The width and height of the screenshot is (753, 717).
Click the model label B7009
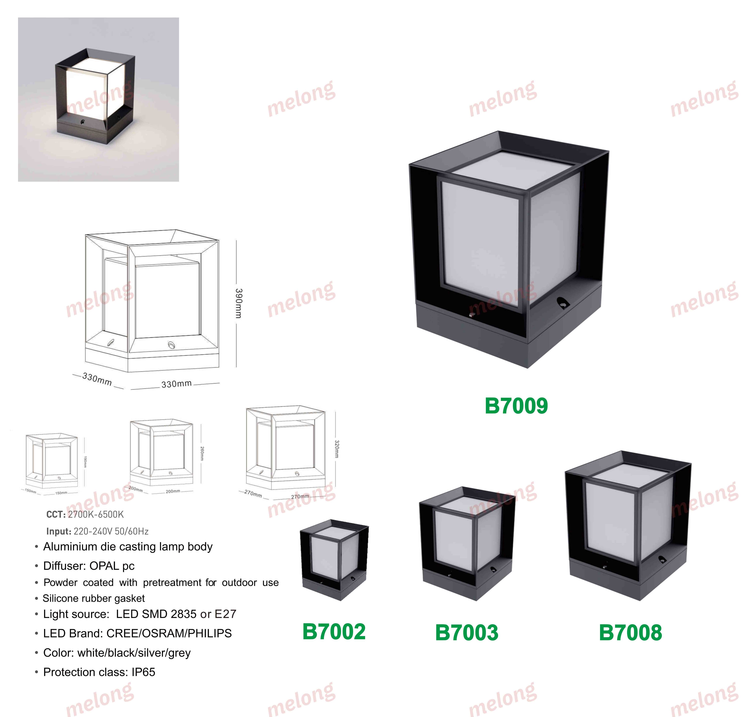(516, 406)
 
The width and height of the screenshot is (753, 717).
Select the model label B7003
(467, 633)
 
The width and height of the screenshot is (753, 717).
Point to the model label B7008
(630, 633)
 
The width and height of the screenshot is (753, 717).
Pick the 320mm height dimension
(336, 449)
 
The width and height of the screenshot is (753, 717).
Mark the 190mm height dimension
(85, 462)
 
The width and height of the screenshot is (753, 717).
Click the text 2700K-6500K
(96, 514)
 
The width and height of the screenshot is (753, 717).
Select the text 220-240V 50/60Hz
(111, 531)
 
